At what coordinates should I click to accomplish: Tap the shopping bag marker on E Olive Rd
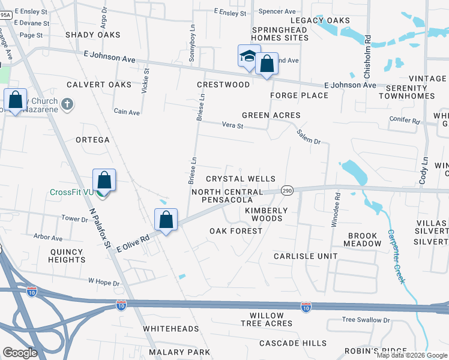(x=166, y=220)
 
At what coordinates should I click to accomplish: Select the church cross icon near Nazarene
(x=67, y=104)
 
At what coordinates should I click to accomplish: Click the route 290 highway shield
(x=287, y=189)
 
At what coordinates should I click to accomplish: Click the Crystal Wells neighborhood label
(x=240, y=179)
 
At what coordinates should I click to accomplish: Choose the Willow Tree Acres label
(x=267, y=319)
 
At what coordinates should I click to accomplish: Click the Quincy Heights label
(x=68, y=256)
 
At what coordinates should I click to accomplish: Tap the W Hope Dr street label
(x=104, y=281)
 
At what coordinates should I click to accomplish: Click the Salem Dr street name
(x=309, y=136)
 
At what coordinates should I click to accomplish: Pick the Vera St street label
(x=232, y=126)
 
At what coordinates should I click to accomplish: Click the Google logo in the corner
(x=20, y=353)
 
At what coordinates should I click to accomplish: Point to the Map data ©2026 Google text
(x=412, y=355)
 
